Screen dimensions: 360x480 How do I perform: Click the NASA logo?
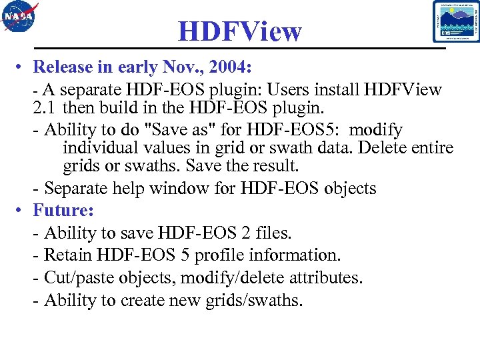coord(20,18)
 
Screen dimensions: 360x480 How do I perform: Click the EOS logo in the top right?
coord(456,21)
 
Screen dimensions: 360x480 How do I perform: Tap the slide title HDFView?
coord(240,31)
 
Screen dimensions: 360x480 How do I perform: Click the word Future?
coord(63,210)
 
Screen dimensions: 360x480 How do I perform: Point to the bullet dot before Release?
coord(22,67)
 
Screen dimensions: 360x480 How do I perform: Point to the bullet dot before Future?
coord(22,211)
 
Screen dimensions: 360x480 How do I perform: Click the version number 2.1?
coord(45,107)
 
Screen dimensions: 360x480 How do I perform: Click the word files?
coord(274,233)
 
